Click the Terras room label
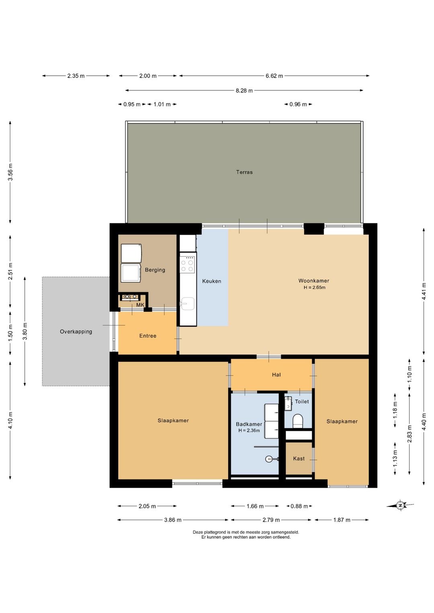pos(244,172)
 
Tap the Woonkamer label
pos(313,280)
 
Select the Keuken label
pos(211,281)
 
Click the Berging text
pos(155,270)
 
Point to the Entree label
pos(147,336)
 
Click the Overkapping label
pos(76,332)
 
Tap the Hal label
pos(276,375)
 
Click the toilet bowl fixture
pos(298,421)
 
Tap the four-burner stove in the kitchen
pos(187,265)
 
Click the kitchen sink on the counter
pos(187,304)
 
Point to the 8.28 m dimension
pos(244,90)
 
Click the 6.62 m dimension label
pos(274,76)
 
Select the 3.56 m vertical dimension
pos(10,172)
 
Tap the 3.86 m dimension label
pos(173,520)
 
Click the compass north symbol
pos(400,505)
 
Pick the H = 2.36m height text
pos(249,431)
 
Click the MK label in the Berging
pos(140,305)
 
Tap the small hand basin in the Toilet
pos(288,403)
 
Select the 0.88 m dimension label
pos(299,506)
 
